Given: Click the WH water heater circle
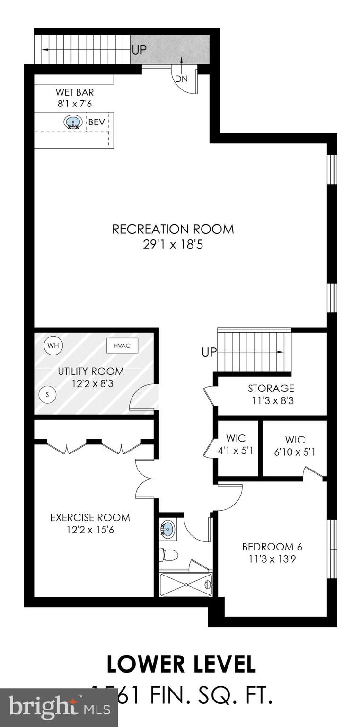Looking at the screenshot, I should [54, 346].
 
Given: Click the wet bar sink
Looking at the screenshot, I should [73, 123].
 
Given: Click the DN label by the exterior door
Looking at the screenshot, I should [181, 79].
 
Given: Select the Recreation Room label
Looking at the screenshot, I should [173, 230].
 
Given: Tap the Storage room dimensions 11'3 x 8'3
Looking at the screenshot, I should [271, 401].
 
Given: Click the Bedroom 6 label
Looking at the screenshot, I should [272, 547].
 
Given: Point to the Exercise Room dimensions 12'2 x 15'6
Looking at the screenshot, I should [90, 530].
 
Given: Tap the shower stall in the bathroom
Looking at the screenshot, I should [186, 585].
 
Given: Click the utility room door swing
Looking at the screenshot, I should [144, 397].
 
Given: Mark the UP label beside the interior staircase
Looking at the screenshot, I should [209, 353].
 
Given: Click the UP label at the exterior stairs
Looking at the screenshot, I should [139, 50].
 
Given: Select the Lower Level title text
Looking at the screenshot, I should [181, 664].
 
